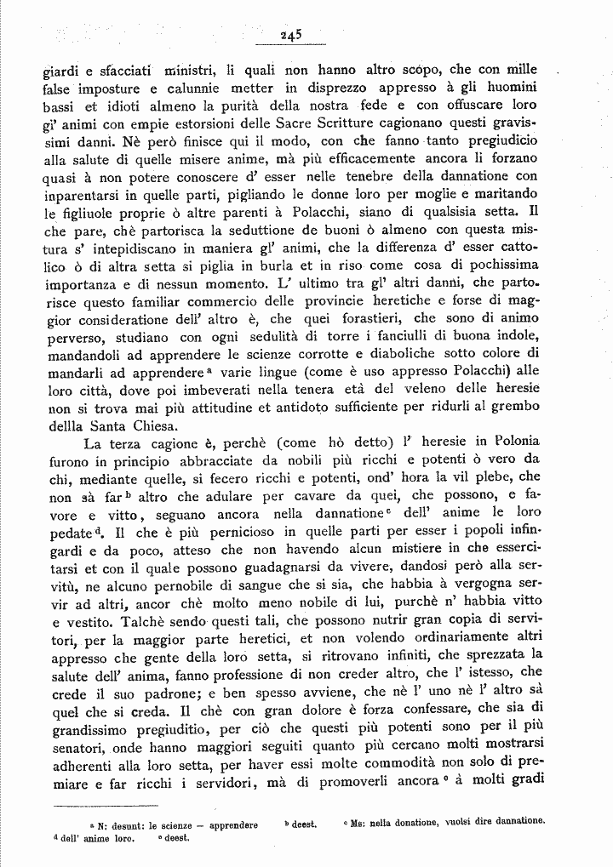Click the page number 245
pos(291,35)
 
